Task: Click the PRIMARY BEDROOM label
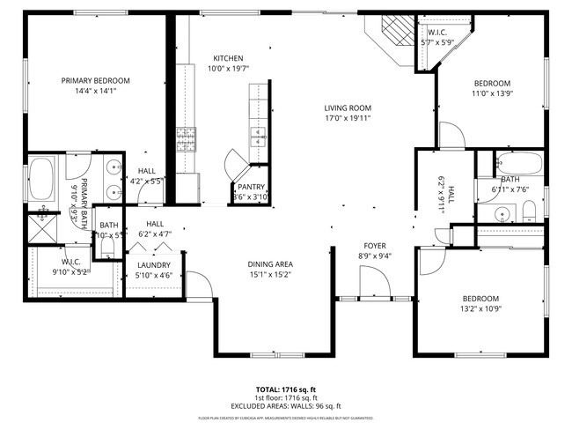click(96, 80)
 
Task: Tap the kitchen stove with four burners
click(187, 138)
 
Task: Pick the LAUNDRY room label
click(153, 264)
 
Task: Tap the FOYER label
click(376, 246)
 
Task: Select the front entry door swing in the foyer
click(375, 285)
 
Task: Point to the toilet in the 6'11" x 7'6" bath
click(529, 211)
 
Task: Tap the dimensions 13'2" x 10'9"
click(480, 309)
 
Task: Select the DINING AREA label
click(270, 264)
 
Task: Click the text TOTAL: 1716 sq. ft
click(286, 389)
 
